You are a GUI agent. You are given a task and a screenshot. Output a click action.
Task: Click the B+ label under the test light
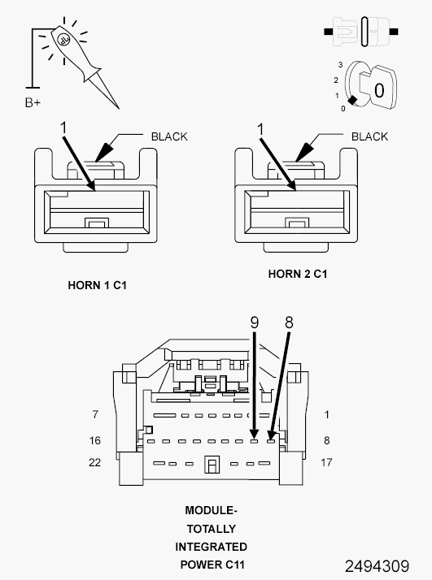(x=33, y=102)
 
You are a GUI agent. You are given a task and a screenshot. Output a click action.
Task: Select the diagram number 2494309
(x=377, y=566)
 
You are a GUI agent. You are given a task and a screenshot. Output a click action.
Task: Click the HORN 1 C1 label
(x=97, y=286)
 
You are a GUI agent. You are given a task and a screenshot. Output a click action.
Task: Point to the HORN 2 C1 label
(x=298, y=274)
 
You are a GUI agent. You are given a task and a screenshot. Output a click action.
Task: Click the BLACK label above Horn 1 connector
(x=169, y=136)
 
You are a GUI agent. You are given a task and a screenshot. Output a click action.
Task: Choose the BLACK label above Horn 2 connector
(x=369, y=136)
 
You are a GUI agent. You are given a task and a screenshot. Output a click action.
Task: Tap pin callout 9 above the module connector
(x=254, y=322)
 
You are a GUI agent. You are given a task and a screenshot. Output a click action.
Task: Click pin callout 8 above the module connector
(x=289, y=322)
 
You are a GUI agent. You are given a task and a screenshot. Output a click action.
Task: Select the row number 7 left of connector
(x=95, y=414)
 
